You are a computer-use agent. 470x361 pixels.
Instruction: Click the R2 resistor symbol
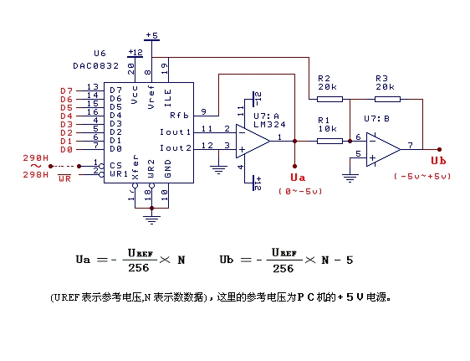point(329,98)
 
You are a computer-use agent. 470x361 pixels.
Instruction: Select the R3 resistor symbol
point(386,98)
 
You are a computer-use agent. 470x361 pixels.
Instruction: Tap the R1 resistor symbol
point(329,141)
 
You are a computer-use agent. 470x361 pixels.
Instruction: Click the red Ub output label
point(437,161)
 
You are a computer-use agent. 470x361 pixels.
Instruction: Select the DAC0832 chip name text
point(89,64)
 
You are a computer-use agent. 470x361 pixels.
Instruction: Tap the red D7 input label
point(66,90)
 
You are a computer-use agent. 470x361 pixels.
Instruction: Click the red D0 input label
point(66,149)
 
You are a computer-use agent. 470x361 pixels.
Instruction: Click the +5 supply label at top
point(151,35)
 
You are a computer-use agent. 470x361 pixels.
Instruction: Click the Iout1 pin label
point(176,132)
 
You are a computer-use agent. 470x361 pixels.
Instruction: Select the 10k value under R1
point(329,129)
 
